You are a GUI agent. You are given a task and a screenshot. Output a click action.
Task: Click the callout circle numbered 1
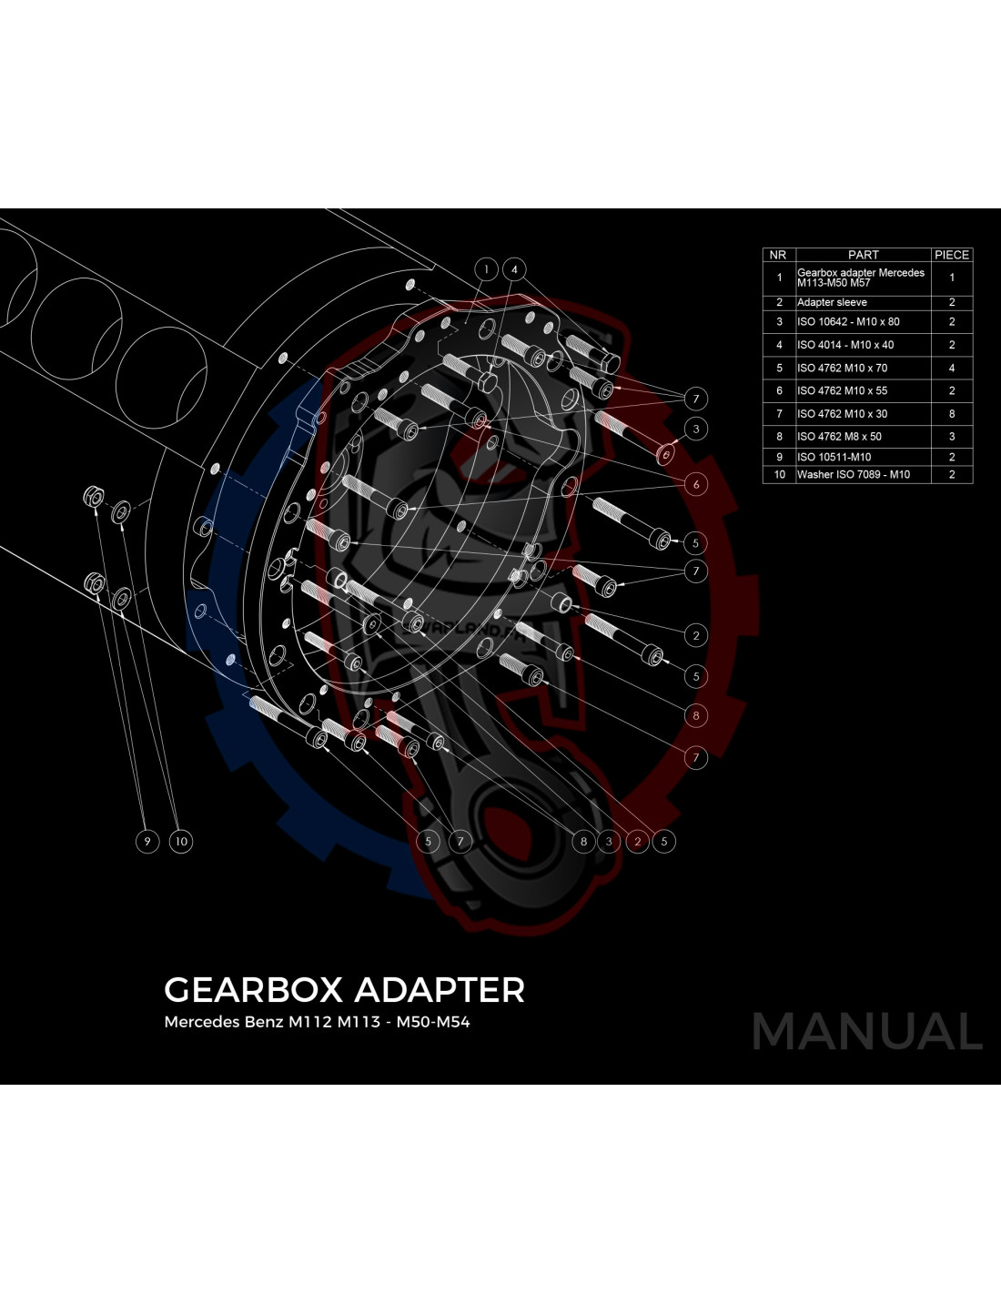click(x=486, y=269)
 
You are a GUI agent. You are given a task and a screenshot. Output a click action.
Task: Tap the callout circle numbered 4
click(x=514, y=269)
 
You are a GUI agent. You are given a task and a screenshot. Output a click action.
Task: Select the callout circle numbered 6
click(x=695, y=484)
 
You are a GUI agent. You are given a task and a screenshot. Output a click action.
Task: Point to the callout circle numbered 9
click(x=147, y=842)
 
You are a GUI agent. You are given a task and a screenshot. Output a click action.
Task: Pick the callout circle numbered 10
click(x=181, y=842)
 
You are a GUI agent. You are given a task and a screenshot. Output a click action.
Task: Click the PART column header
click(x=863, y=255)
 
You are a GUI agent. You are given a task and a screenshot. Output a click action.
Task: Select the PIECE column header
click(x=952, y=255)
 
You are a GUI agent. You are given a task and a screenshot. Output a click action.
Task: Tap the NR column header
click(x=778, y=255)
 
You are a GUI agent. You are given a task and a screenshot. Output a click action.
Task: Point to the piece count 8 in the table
click(x=952, y=413)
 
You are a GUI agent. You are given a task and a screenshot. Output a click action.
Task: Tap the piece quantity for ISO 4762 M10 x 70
click(x=952, y=368)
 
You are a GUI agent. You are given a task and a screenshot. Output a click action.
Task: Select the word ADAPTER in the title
click(x=440, y=990)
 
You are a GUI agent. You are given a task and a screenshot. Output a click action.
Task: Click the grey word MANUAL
click(x=866, y=1032)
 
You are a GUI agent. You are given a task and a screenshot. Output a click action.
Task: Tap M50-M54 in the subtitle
click(x=433, y=1022)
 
